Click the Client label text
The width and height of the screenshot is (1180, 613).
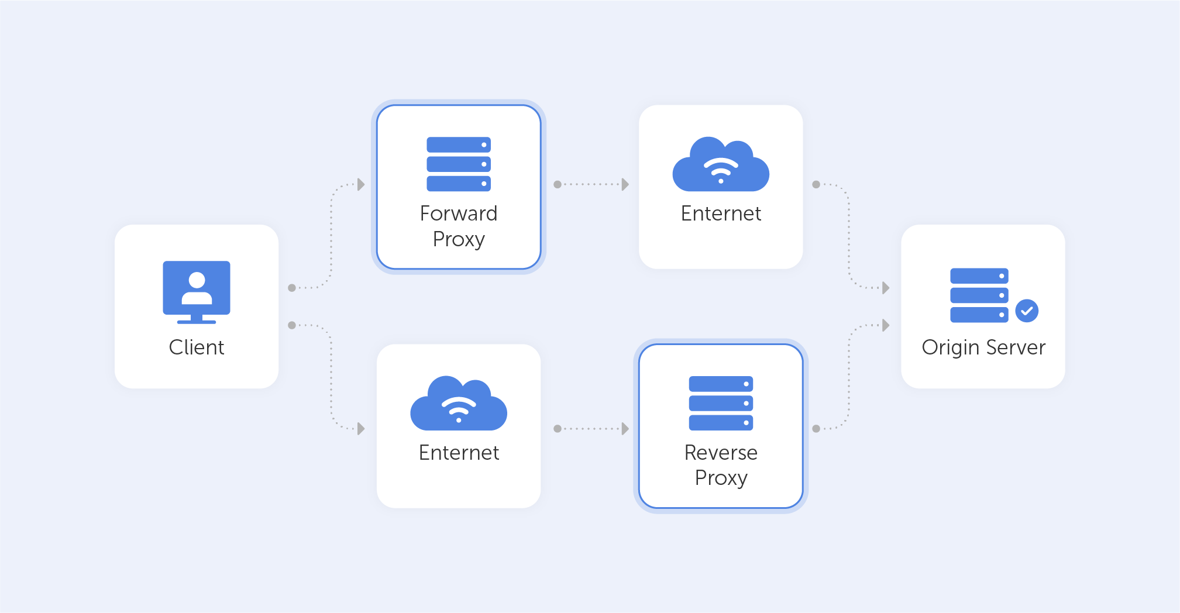[197, 347]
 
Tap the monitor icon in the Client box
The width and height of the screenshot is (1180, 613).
[197, 291]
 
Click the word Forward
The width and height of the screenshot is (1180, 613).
[459, 213]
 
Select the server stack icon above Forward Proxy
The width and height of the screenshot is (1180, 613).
[459, 164]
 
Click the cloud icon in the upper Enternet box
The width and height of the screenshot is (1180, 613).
[721, 166]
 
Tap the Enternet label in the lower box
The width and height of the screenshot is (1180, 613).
[459, 453]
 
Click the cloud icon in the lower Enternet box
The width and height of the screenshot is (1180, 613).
[459, 405]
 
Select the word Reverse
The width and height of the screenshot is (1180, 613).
[721, 453]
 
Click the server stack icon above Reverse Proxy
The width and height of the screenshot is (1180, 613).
[721, 403]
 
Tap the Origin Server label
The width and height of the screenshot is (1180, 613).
[983, 347]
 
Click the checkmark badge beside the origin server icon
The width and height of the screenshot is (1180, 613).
[1027, 311]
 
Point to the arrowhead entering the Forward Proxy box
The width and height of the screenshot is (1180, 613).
[362, 184]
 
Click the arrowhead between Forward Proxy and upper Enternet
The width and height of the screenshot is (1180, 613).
[625, 184]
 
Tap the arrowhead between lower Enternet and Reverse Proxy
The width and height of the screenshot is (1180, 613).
[625, 429]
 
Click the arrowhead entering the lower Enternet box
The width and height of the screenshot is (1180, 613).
[362, 429]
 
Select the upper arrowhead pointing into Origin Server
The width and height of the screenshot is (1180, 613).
[886, 288]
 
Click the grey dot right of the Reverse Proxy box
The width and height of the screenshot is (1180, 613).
[816, 429]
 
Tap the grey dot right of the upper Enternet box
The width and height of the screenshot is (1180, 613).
[816, 184]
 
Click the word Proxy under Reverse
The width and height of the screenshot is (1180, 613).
[721, 478]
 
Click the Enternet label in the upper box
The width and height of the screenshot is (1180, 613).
[721, 213]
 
